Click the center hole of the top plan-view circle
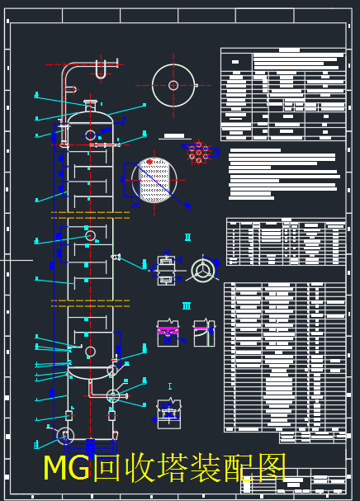coord(173,85)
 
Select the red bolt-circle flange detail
coord(198,152)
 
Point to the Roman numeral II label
coord(187,238)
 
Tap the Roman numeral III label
coord(187,306)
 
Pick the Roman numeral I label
coord(169,385)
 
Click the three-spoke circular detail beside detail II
coord(203,270)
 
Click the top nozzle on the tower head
coord(91,106)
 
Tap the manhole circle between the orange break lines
coord(90,235)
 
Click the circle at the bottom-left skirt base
coord(65,435)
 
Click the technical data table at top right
coord(283,94)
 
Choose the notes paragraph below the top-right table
coord(283,173)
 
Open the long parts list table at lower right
coord(285,357)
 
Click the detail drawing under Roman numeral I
coord(169,411)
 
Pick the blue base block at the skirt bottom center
coord(112,415)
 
